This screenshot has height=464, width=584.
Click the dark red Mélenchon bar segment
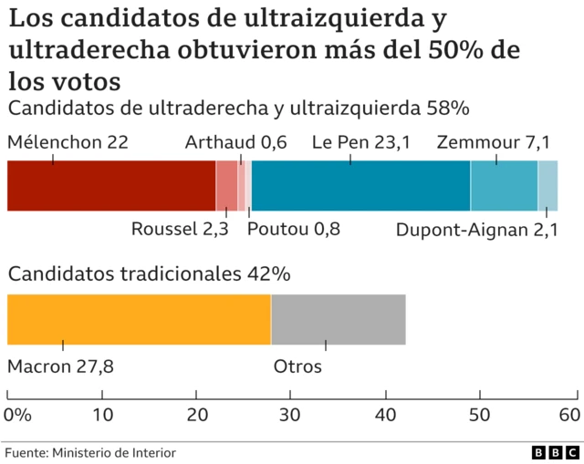[110, 185]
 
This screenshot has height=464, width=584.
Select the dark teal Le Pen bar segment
[360, 185]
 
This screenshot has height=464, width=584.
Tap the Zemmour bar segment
[504, 185]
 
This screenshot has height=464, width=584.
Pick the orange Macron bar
[139, 319]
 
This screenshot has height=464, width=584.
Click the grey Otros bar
[338, 319]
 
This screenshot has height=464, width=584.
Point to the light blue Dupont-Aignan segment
[547, 185]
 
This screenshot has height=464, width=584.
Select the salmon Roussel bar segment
[226, 185]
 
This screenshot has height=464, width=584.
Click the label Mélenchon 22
[68, 142]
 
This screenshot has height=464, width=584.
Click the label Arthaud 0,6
[235, 142]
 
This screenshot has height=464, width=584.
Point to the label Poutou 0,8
[294, 229]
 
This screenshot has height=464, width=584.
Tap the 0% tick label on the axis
[17, 415]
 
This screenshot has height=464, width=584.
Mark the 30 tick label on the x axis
[290, 415]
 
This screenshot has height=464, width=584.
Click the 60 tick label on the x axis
[569, 415]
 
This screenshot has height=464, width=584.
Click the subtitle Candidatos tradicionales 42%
[149, 273]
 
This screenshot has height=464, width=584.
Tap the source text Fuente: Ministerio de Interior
[91, 452]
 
